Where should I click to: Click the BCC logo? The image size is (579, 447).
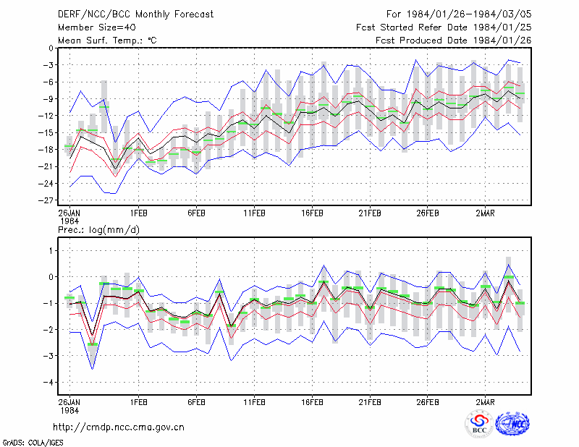tap(479, 424)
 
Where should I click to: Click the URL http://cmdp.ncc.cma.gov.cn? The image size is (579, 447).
tap(119, 427)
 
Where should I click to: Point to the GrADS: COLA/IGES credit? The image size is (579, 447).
tap(33, 443)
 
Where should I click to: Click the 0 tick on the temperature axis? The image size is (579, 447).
tap(51, 48)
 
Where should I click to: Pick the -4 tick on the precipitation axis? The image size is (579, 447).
tap(48, 382)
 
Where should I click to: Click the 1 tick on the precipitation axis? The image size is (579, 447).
tap(51, 251)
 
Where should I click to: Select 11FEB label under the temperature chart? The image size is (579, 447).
tap(254, 213)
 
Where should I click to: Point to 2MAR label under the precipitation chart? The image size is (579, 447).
tap(485, 402)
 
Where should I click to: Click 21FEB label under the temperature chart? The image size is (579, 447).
tap(370, 213)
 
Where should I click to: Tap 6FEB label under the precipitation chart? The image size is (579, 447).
tap(196, 402)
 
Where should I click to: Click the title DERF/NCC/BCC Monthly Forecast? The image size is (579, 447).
tap(135, 14)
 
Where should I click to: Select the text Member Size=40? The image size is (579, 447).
tap(97, 27)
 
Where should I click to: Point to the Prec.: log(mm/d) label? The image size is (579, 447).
tap(98, 230)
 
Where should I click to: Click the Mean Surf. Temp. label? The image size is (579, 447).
tap(107, 41)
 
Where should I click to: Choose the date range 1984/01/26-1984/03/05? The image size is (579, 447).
tap(469, 14)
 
